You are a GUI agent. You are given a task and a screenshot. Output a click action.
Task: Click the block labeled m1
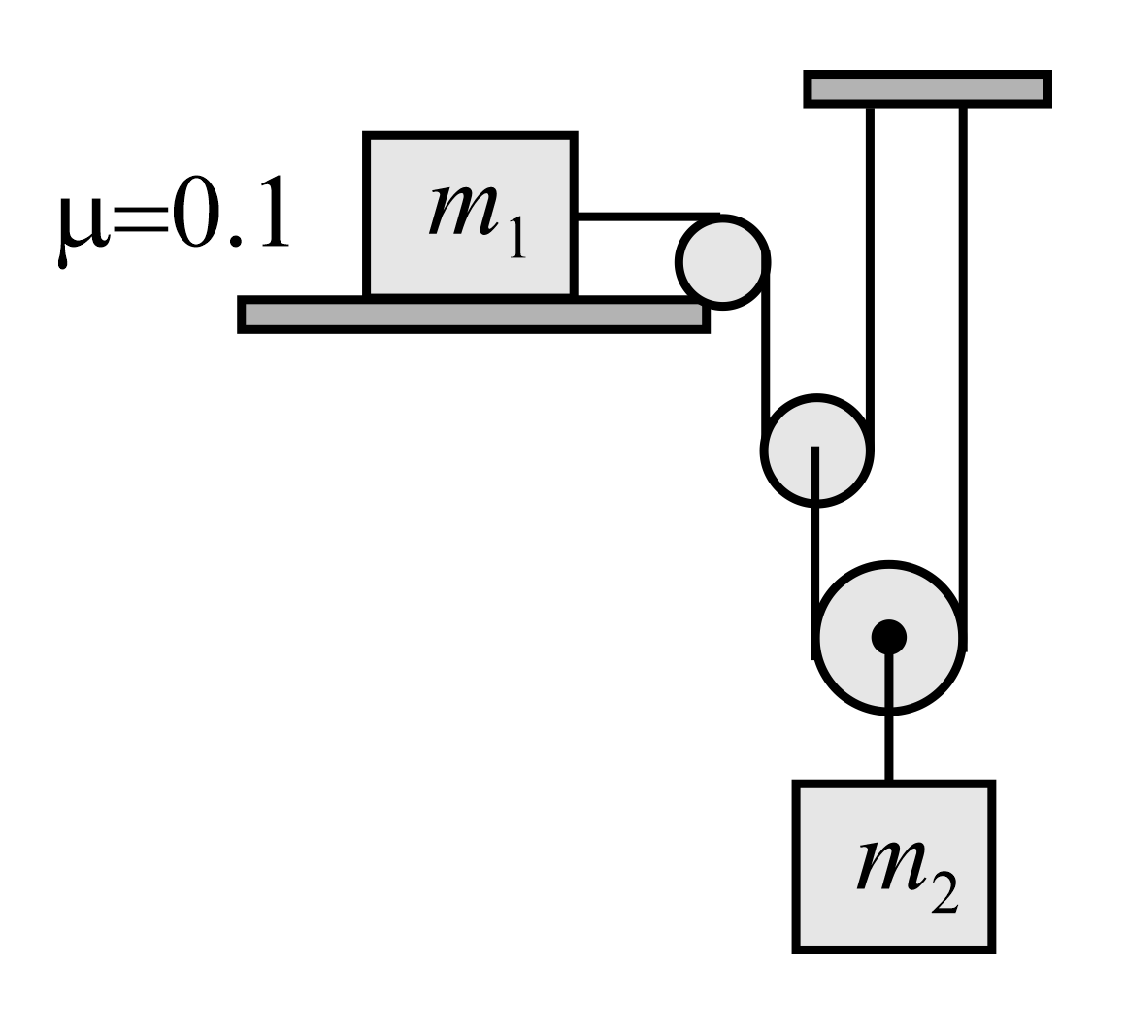471,215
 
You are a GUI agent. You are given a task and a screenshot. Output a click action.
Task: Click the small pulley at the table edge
722,262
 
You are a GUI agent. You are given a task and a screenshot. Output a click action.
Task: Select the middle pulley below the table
815,450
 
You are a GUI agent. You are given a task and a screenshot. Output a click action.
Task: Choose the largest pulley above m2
889,637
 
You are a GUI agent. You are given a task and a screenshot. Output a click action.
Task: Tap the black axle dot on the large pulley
889,637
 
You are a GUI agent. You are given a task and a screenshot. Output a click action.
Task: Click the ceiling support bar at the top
927,89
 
